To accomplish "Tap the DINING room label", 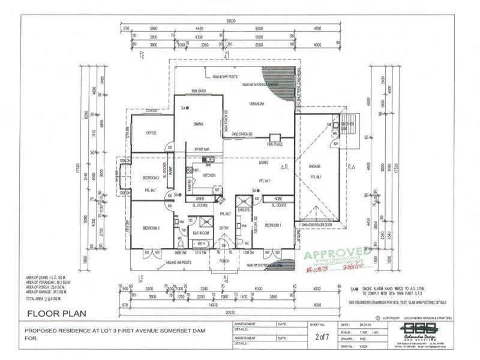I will pyautogui.click(x=199, y=124).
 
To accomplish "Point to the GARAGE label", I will pyautogui.click(x=316, y=166).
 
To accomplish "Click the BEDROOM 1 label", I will pyautogui.click(x=274, y=225).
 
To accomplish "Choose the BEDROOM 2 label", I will pyautogui.click(x=151, y=178).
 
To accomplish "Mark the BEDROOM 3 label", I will pyautogui.click(x=151, y=229).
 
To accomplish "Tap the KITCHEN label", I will pyautogui.click(x=209, y=175).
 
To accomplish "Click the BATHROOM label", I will pyautogui.click(x=200, y=232).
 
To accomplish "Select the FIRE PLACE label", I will pyautogui.click(x=275, y=144).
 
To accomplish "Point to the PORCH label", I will pyautogui.click(x=224, y=261).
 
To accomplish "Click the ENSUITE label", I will pyautogui.click(x=244, y=210).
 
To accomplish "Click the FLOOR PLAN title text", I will pyautogui.click(x=57, y=313).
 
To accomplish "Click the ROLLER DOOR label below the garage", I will pyautogui.click(x=322, y=224).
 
